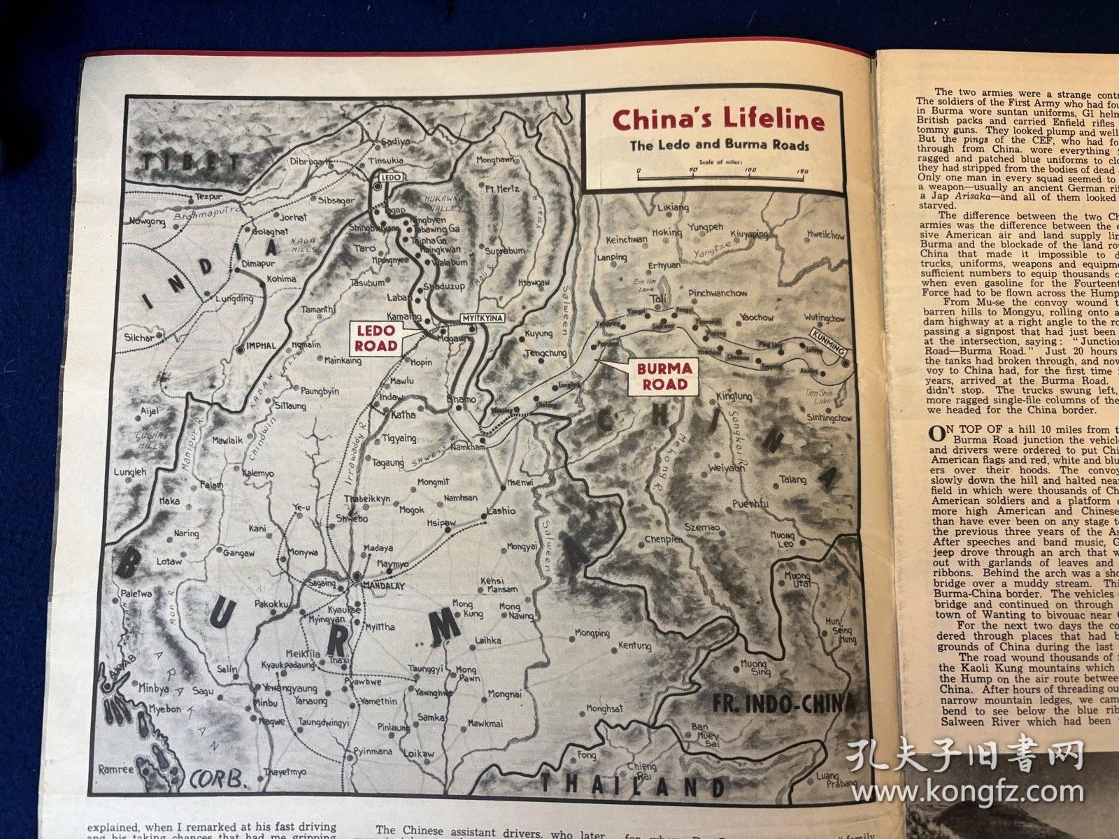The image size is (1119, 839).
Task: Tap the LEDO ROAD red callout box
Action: click(376, 338)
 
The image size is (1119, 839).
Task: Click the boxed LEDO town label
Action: click(390, 178)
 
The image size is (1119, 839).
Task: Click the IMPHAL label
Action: click(262, 345)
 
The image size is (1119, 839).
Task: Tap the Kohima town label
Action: click(281, 278)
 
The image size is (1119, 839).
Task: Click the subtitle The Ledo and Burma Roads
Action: click(719, 146)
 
